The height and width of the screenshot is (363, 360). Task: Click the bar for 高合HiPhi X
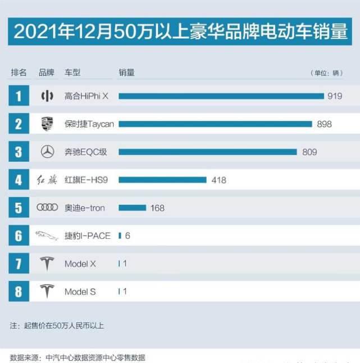point(221,96)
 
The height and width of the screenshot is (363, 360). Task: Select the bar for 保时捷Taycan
point(215,124)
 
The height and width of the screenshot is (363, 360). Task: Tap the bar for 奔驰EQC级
point(207,152)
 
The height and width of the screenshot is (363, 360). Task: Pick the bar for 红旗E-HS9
point(162,180)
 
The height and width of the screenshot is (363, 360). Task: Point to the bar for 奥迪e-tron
point(132,208)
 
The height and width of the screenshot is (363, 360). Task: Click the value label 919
point(335,96)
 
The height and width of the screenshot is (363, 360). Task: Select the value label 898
point(324,124)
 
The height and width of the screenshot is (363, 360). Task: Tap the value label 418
point(219,180)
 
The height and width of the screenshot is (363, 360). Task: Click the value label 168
point(157,208)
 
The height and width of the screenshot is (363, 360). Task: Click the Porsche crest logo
point(47,124)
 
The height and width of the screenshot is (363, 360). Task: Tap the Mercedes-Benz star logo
point(47,152)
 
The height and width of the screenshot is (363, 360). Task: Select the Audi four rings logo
point(47,207)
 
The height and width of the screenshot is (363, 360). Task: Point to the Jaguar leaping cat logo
point(47,235)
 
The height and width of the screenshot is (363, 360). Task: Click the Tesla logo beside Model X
point(47,264)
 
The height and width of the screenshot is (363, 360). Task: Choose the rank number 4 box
point(19,180)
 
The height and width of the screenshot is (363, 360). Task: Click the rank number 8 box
point(19,292)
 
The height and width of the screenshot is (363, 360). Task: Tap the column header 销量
point(126,72)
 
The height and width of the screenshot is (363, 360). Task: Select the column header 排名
point(19,72)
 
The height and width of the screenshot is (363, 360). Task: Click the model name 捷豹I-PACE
point(88,236)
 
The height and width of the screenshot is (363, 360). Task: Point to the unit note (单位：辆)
point(326,73)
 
